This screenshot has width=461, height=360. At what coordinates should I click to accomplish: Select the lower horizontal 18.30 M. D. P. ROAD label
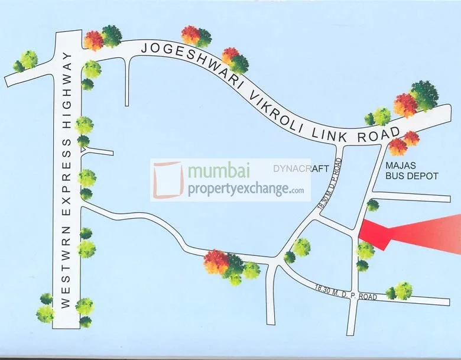pyautogui.click(x=346, y=291)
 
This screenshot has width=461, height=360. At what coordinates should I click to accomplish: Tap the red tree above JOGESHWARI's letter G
pyautogui.click(x=190, y=35)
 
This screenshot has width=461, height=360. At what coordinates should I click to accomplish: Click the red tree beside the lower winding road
pyautogui.click(x=216, y=261)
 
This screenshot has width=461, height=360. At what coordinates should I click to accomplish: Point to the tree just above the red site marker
pyautogui.click(x=373, y=205)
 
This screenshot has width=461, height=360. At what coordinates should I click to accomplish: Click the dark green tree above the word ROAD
pyautogui.click(x=424, y=95)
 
